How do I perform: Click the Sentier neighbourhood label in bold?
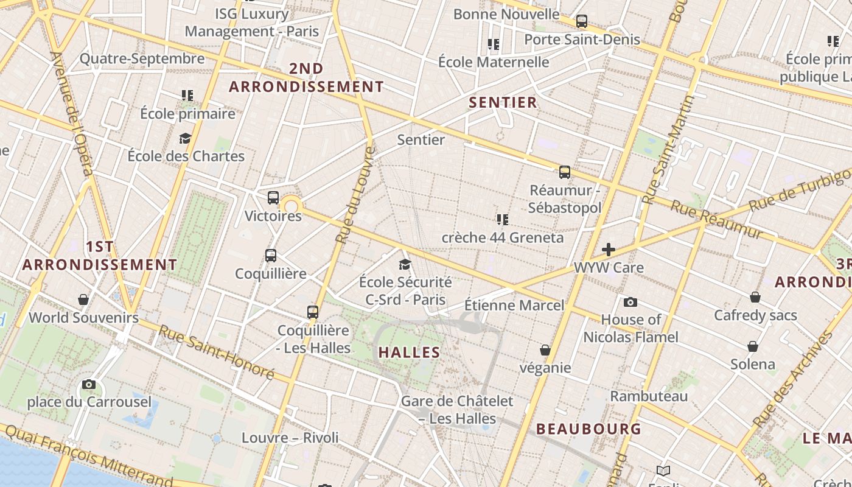coord(503,102)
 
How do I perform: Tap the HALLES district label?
coord(409,352)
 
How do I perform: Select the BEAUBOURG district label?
coord(588,429)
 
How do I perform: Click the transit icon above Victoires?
coord(273,198)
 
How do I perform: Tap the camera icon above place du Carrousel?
coord(89,384)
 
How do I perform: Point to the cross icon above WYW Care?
coord(608,250)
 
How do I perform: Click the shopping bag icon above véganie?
coord(545,350)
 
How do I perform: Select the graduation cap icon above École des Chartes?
coord(186,138)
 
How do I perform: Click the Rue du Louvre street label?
coord(354,195)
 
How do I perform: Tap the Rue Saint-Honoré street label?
coord(216,351)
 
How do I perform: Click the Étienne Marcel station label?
coord(514,305)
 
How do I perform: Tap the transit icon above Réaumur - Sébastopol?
coord(565,172)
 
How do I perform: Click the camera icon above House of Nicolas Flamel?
coord(630,302)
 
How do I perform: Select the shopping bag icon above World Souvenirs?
coord(83,300)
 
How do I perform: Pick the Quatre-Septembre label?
coord(142,59)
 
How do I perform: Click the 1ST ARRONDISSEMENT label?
coord(100,256)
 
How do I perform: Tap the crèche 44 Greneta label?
coord(503,237)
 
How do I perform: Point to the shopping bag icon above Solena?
coord(753,346)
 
